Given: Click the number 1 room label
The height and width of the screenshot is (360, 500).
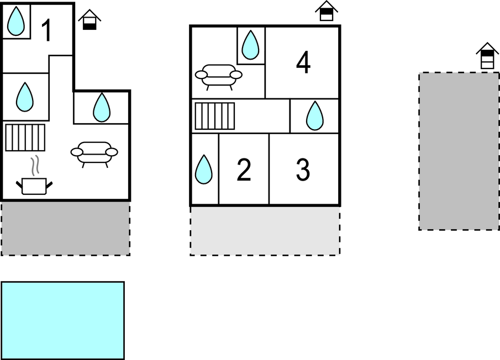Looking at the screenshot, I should point(47,30).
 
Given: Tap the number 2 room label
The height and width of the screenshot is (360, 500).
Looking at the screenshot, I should point(244,170).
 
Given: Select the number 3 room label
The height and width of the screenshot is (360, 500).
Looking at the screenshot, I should point(303,170).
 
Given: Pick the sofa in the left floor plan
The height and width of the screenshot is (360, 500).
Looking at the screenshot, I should point(94,153).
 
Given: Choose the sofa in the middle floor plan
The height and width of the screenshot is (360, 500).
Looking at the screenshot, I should point(219,76).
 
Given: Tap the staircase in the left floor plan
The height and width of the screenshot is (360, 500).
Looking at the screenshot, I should point(25,137).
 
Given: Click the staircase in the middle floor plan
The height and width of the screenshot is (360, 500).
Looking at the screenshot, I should point(214,116).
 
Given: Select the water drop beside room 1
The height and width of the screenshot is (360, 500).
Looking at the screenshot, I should point(17,21).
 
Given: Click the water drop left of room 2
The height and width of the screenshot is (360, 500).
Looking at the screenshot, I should point(204,170).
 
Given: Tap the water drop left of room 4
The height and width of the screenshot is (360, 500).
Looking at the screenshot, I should point(251,45).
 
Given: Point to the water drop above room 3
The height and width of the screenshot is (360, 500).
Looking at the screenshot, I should point(314,116).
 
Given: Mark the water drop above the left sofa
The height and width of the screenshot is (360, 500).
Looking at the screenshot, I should point(101,107).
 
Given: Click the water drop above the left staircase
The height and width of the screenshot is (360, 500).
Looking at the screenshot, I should point(24,97).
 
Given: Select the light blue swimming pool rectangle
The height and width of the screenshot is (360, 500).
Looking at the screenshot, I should point(62,320).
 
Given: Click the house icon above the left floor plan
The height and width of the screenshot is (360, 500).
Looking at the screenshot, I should point(90,20).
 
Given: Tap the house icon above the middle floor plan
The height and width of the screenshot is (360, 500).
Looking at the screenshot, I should point(327,11).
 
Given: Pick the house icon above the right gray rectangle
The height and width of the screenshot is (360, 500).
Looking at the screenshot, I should point(487,56).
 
